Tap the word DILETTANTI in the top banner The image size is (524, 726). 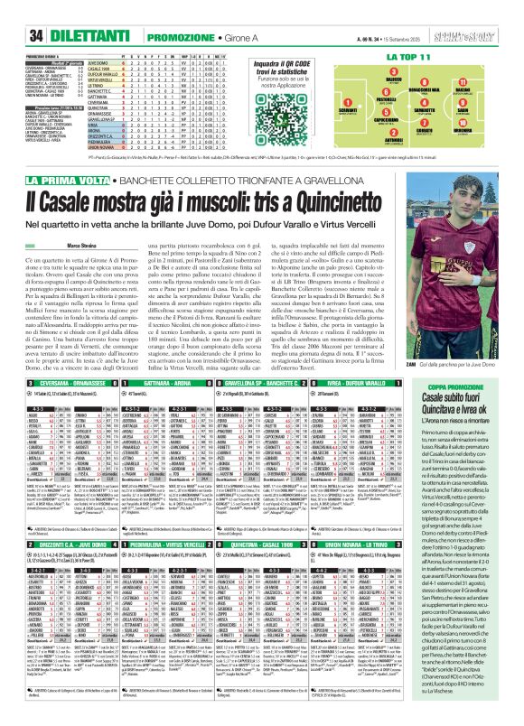63,12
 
